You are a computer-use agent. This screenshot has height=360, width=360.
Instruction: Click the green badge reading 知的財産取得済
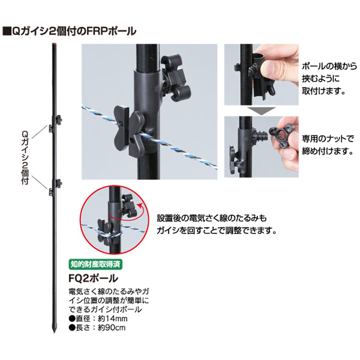coord(95,264)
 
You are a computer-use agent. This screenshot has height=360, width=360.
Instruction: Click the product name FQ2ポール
coord(93,278)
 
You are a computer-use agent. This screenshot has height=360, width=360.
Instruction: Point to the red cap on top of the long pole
coord(55,44)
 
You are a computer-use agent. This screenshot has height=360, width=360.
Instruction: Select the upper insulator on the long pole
coord(55,123)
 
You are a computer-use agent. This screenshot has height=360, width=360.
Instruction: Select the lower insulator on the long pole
coord(55,187)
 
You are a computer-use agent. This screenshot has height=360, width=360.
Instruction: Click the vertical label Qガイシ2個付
coord(25,158)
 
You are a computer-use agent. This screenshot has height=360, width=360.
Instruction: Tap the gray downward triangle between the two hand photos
coord(262,110)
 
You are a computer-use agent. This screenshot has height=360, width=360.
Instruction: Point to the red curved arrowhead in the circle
coord(139,205)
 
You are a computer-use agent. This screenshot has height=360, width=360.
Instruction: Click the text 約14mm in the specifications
coord(113,319)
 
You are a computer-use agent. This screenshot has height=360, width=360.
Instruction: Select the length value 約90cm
coord(112,328)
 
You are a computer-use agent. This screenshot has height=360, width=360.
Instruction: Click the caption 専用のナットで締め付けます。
coord(328,145)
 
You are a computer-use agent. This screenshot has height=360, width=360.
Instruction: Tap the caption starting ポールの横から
coord(329,79)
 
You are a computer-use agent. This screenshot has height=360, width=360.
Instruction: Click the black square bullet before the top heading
coord(7,31)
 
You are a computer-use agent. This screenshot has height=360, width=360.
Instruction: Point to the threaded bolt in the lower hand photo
coord(261,136)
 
